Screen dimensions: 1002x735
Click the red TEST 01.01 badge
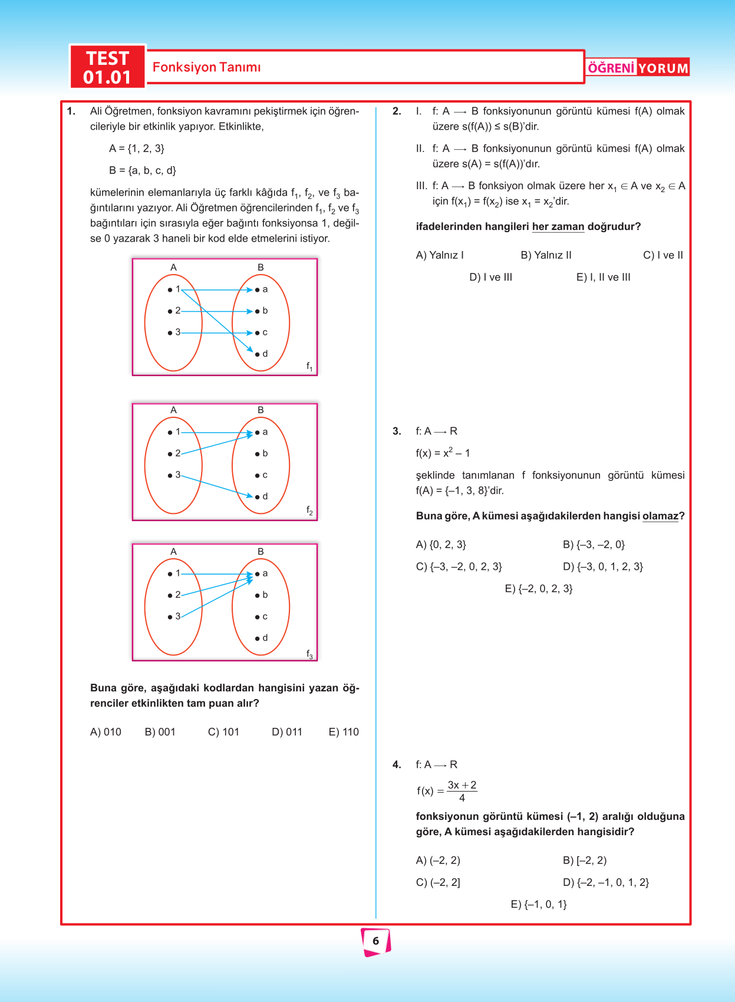(x=107, y=67)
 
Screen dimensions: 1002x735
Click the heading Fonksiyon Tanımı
(x=206, y=67)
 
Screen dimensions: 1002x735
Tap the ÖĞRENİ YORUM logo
(x=637, y=68)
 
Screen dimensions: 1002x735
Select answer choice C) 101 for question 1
(x=223, y=732)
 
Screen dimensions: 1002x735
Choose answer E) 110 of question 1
(x=344, y=732)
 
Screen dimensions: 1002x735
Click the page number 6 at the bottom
(x=375, y=941)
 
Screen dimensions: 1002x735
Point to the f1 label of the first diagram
(x=309, y=367)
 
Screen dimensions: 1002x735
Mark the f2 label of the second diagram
(x=309, y=510)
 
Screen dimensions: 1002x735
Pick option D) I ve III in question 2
(x=490, y=277)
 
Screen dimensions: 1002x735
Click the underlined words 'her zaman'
(x=558, y=227)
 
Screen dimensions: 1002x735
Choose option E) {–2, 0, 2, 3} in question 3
(x=539, y=588)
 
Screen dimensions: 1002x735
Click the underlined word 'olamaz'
(x=660, y=516)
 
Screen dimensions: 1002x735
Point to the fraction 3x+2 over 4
(x=462, y=791)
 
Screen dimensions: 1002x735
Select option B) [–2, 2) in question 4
(x=584, y=861)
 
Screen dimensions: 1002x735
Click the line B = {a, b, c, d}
(x=143, y=171)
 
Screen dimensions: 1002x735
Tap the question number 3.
(x=397, y=431)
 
